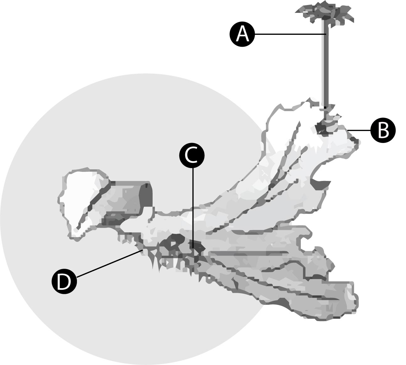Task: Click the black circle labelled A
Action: pos(242,34)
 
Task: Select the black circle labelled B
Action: pos(383,131)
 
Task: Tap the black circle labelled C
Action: pos(192,155)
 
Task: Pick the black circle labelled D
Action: pos(64,282)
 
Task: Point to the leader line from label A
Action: pos(290,34)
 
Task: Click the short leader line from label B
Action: pos(360,131)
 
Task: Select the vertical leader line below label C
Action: pos(192,208)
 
